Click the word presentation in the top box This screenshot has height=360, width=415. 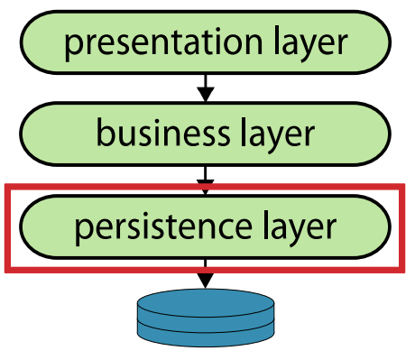(163, 42)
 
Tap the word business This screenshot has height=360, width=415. (163, 133)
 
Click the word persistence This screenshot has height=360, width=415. (163, 227)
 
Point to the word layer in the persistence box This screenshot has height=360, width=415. (300, 228)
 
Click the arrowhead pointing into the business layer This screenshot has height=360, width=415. (206, 95)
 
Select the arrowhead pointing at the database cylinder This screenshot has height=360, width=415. (206, 281)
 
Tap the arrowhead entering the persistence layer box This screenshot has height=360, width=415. (206, 187)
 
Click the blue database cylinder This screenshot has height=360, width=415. (206, 318)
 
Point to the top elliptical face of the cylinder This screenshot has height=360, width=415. (206, 303)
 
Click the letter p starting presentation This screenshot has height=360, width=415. (73, 48)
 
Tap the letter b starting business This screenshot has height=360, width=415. (106, 133)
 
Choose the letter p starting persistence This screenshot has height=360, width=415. (83, 232)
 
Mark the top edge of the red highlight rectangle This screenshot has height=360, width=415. (205, 187)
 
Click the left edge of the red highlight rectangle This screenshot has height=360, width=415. (8, 228)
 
